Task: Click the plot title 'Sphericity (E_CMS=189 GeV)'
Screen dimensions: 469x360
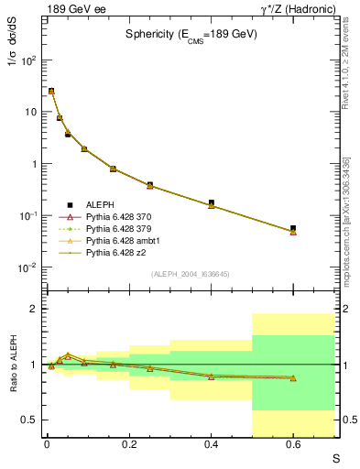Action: click(x=191, y=34)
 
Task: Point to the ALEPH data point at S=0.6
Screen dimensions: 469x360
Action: click(x=293, y=228)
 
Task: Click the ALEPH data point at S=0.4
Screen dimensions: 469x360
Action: click(x=211, y=202)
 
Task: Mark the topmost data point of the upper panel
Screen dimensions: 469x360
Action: click(x=51, y=91)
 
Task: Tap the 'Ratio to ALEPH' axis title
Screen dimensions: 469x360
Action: click(x=11, y=364)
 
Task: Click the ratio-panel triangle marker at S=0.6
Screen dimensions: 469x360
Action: click(x=293, y=377)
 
